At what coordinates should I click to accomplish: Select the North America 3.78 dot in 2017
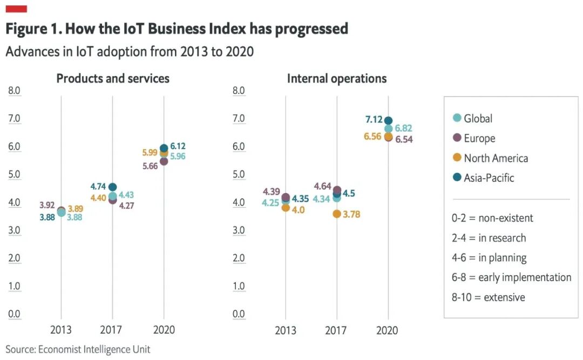click(337, 214)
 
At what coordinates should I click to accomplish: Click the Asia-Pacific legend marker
click(457, 177)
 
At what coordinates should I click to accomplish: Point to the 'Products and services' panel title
click(113, 79)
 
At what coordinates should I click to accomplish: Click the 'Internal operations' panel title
click(337, 79)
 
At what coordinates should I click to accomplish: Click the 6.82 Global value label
click(404, 128)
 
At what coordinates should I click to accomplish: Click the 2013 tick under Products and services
click(60, 330)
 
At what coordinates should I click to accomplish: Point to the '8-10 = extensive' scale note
click(488, 297)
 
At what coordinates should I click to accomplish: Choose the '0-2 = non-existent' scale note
click(492, 219)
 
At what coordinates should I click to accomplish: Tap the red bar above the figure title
click(16, 9)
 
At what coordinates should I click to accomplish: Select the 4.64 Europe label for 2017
click(323, 187)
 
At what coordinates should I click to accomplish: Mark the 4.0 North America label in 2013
click(298, 210)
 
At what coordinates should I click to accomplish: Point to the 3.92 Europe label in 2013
click(48, 205)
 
